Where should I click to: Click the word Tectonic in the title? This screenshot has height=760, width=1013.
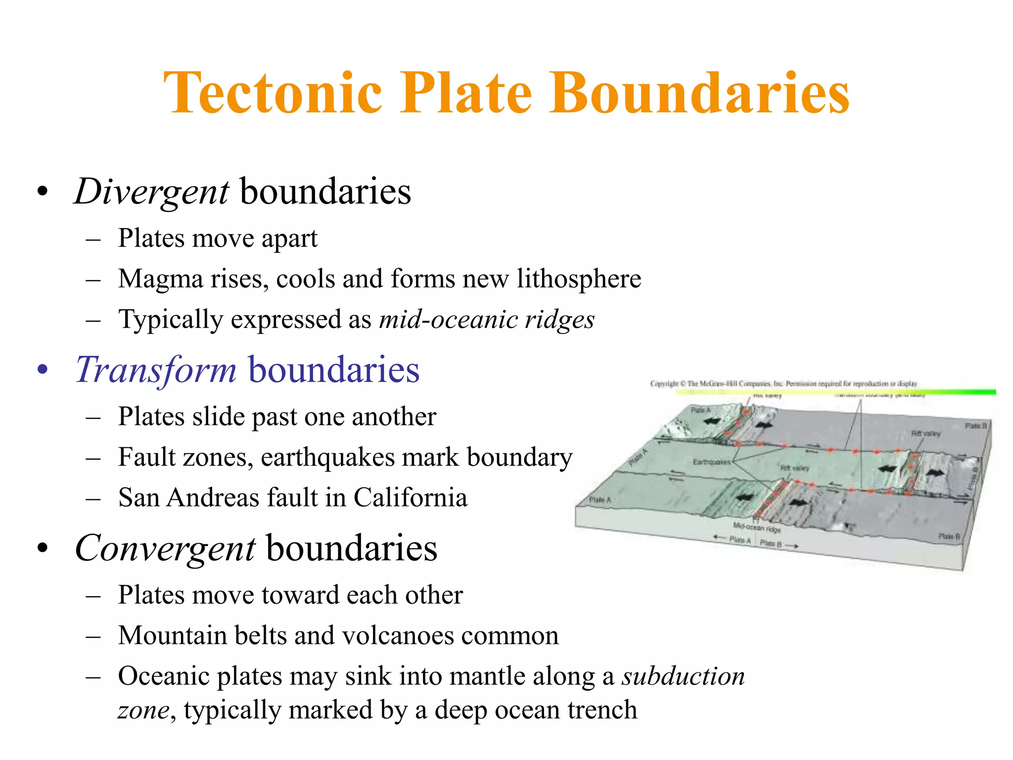(273, 93)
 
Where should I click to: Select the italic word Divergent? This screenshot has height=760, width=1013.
(151, 191)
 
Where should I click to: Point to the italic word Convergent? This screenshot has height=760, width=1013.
(165, 548)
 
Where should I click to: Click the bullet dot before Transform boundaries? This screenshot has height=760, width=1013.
(43, 370)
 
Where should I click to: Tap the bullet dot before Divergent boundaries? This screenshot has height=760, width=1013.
(43, 191)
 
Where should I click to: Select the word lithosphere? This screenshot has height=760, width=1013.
(579, 279)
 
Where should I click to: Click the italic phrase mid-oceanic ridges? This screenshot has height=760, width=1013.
(487, 319)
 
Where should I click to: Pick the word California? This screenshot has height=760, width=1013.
(410, 497)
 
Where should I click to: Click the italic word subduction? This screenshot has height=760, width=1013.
(683, 676)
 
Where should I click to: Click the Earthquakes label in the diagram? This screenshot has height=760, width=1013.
(711, 462)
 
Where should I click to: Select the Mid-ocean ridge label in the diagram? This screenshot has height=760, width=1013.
(757, 527)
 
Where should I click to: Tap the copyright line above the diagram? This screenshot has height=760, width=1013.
(783, 383)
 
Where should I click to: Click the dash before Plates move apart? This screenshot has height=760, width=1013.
(93, 239)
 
